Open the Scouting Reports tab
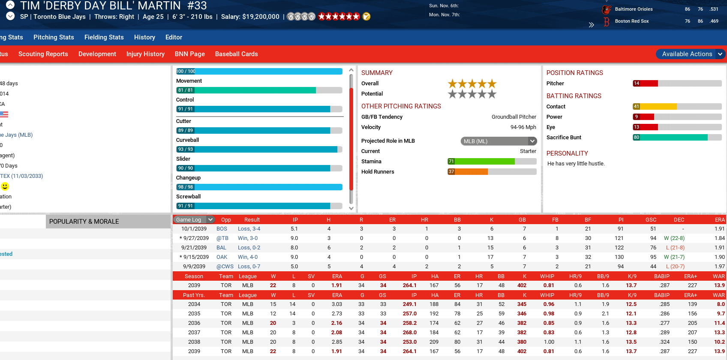click(x=43, y=54)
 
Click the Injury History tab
click(x=145, y=54)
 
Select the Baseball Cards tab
click(x=236, y=54)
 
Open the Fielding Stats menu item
click(x=104, y=37)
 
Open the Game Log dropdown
click(x=194, y=219)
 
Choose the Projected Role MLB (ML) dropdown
click(x=499, y=141)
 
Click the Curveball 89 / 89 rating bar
click(x=259, y=130)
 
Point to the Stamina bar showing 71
click(x=492, y=162)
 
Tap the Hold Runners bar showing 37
click(x=492, y=172)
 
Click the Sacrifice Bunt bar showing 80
click(x=677, y=138)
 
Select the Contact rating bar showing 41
click(x=677, y=107)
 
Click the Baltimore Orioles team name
click(x=634, y=9)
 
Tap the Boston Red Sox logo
click(x=606, y=21)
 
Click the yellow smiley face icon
click(x=5, y=186)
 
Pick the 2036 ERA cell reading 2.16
click(x=336, y=323)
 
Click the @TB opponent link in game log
click(x=222, y=238)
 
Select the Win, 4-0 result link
click(x=248, y=257)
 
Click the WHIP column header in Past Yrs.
click(x=547, y=295)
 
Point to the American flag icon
click(x=4, y=114)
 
